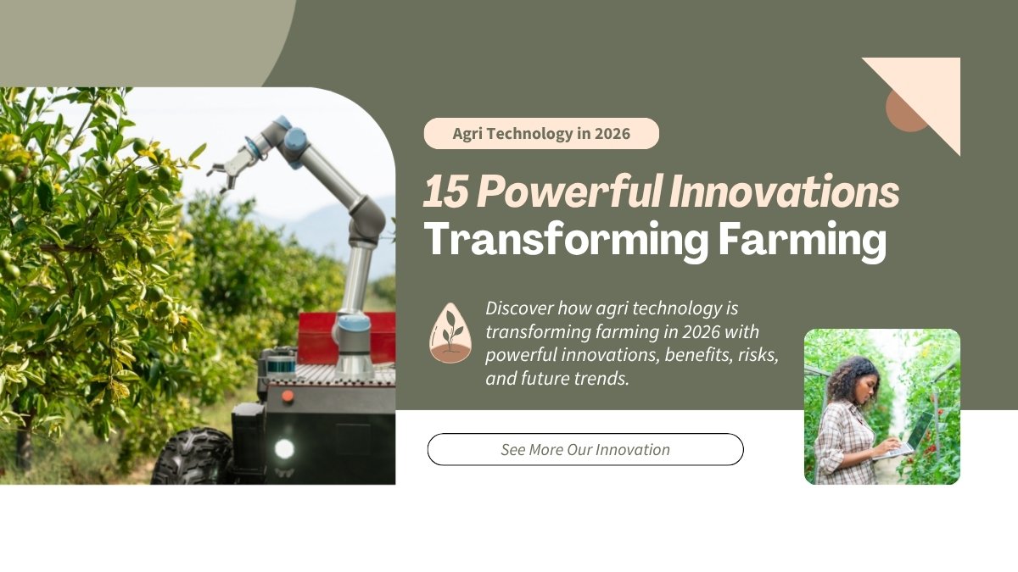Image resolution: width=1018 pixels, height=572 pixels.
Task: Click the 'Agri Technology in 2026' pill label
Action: pyautogui.click(x=541, y=134)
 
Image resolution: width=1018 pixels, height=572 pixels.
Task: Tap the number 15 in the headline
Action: pyautogui.click(x=445, y=194)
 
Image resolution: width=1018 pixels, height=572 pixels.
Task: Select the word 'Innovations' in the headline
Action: pyautogui.click(x=784, y=194)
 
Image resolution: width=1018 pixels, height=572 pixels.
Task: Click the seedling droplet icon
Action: pyautogui.click(x=450, y=332)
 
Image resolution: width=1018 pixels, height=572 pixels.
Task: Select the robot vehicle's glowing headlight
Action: pyautogui.click(x=284, y=448)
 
